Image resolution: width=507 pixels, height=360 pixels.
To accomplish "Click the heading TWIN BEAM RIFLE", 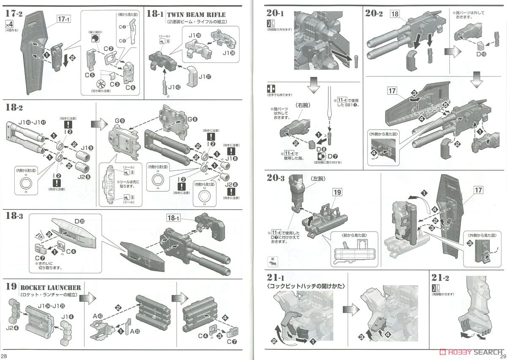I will coord(196,15).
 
